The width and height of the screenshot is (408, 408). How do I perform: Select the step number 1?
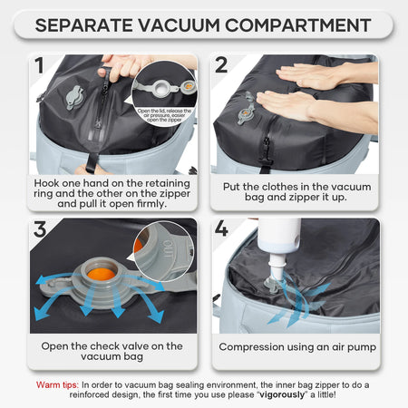(x=38, y=65)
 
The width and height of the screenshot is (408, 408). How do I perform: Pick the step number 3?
(x=38, y=229)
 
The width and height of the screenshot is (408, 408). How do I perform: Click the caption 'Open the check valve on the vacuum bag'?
(x=112, y=352)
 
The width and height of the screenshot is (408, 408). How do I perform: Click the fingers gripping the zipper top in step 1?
(x=122, y=63)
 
